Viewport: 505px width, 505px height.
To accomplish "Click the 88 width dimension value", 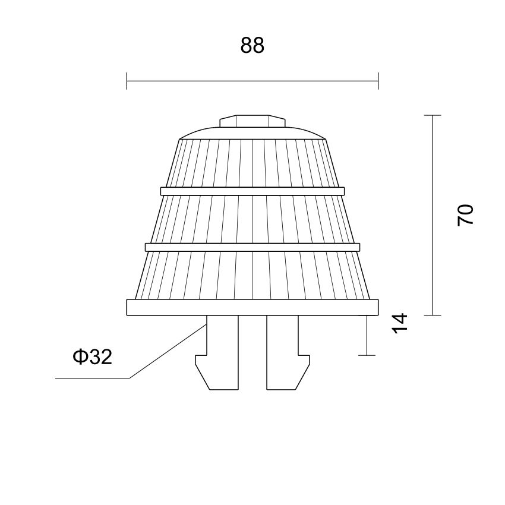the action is [252, 45].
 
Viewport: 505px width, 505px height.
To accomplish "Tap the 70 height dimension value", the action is [465, 215].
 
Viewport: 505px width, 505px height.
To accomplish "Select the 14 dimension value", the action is [400, 323].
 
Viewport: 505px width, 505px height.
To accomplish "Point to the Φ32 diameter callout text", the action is [93, 356].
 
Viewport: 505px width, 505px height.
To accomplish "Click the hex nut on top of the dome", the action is [252, 121].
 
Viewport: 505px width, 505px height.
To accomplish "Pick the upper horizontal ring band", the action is [252, 191].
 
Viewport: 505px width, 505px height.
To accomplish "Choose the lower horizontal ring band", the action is [252, 247].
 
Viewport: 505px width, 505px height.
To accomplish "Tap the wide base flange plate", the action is [252, 307].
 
